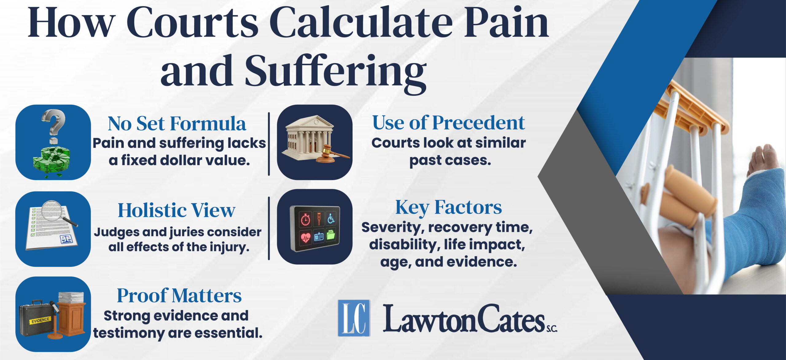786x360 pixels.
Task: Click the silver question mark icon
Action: tap(54, 123)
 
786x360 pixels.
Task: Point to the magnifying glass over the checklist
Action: tap(55, 212)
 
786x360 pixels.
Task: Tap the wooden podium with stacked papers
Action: tap(71, 316)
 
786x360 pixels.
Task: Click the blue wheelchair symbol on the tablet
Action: tap(331, 219)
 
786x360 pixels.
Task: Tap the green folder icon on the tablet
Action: tap(331, 236)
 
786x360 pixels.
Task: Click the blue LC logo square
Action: tap(354, 318)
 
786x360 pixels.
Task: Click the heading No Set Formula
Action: tap(177, 124)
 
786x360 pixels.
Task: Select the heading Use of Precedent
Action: tap(448, 123)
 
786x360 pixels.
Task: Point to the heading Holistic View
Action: tap(177, 211)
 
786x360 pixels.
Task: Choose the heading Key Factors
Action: tap(448, 207)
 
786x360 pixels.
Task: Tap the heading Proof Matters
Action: tap(179, 296)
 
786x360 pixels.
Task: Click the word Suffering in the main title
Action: tap(336, 72)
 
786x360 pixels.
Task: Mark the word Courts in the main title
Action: tap(193, 23)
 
